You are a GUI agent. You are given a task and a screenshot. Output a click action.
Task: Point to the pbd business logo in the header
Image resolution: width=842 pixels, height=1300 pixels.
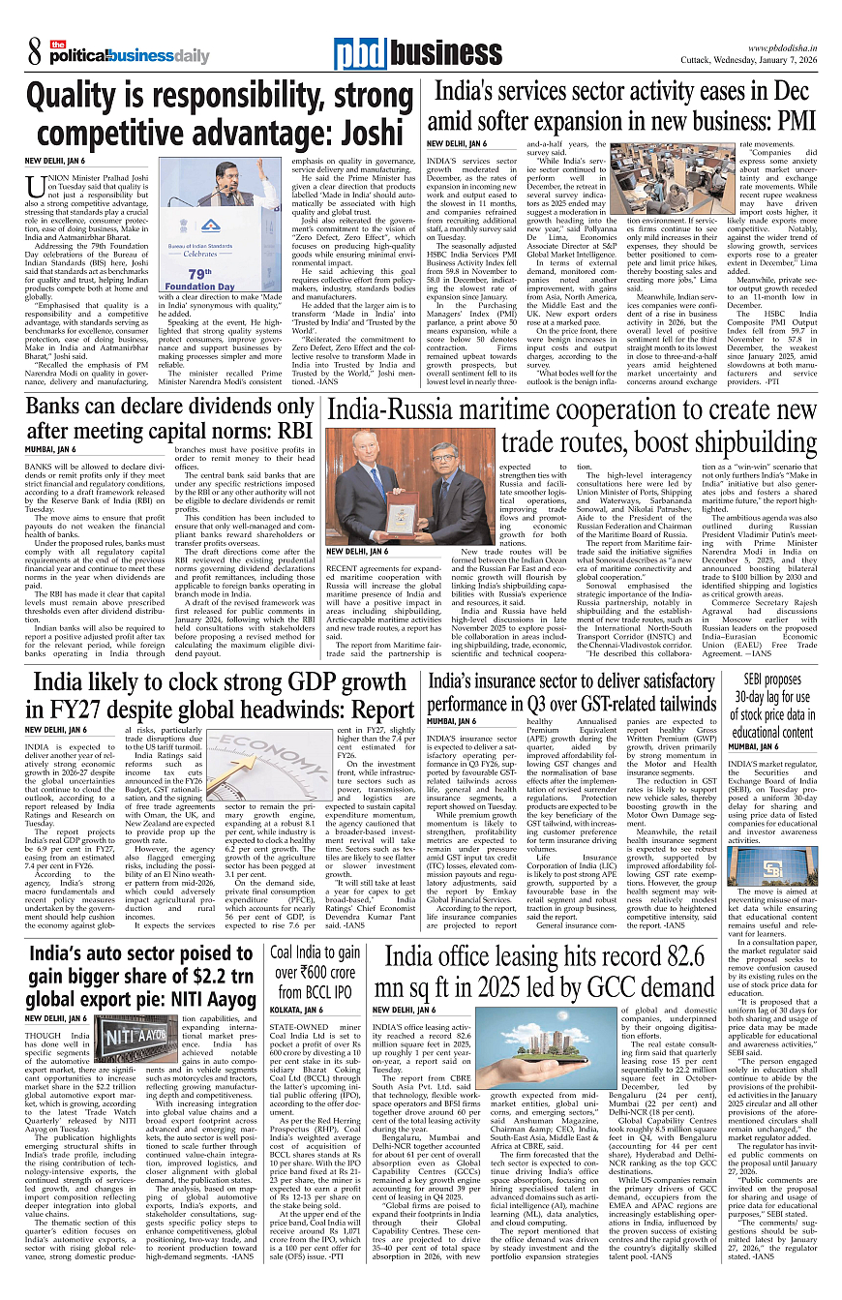[x=406, y=54]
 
